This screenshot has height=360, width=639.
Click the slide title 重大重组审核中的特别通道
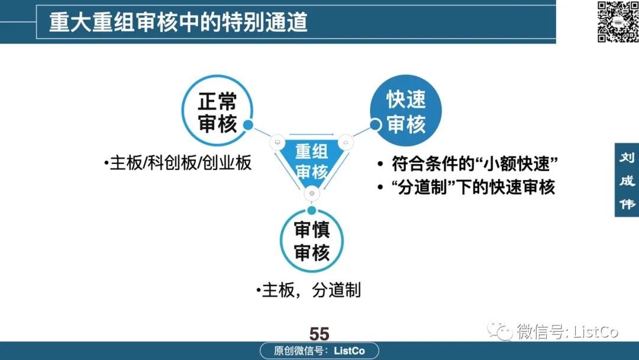tap(178, 22)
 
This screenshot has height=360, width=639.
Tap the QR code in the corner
tap(618, 21)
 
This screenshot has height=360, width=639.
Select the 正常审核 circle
tap(217, 111)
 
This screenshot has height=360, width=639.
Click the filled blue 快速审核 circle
tap(406, 111)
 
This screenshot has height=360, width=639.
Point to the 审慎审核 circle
tap(312, 240)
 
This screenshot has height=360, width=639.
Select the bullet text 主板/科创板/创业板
tap(177, 163)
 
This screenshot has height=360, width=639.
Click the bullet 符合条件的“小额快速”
tap(467, 164)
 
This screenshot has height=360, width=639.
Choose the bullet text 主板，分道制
tap(308, 290)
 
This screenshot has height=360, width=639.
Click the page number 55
tap(319, 334)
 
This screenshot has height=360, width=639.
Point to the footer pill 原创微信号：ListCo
tap(319, 351)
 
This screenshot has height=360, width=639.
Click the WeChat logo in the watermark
tap(500, 330)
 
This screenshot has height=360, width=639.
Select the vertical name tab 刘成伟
tap(627, 180)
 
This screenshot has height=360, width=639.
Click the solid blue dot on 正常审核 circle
tap(248, 125)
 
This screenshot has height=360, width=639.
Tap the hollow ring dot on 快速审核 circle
tap(375, 125)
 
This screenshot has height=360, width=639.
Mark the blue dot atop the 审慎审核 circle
tap(312, 210)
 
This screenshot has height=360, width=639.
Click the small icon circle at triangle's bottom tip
tap(312, 193)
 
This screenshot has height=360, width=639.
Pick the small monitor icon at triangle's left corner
tap(277, 142)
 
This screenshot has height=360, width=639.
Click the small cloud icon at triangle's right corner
tap(346, 142)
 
